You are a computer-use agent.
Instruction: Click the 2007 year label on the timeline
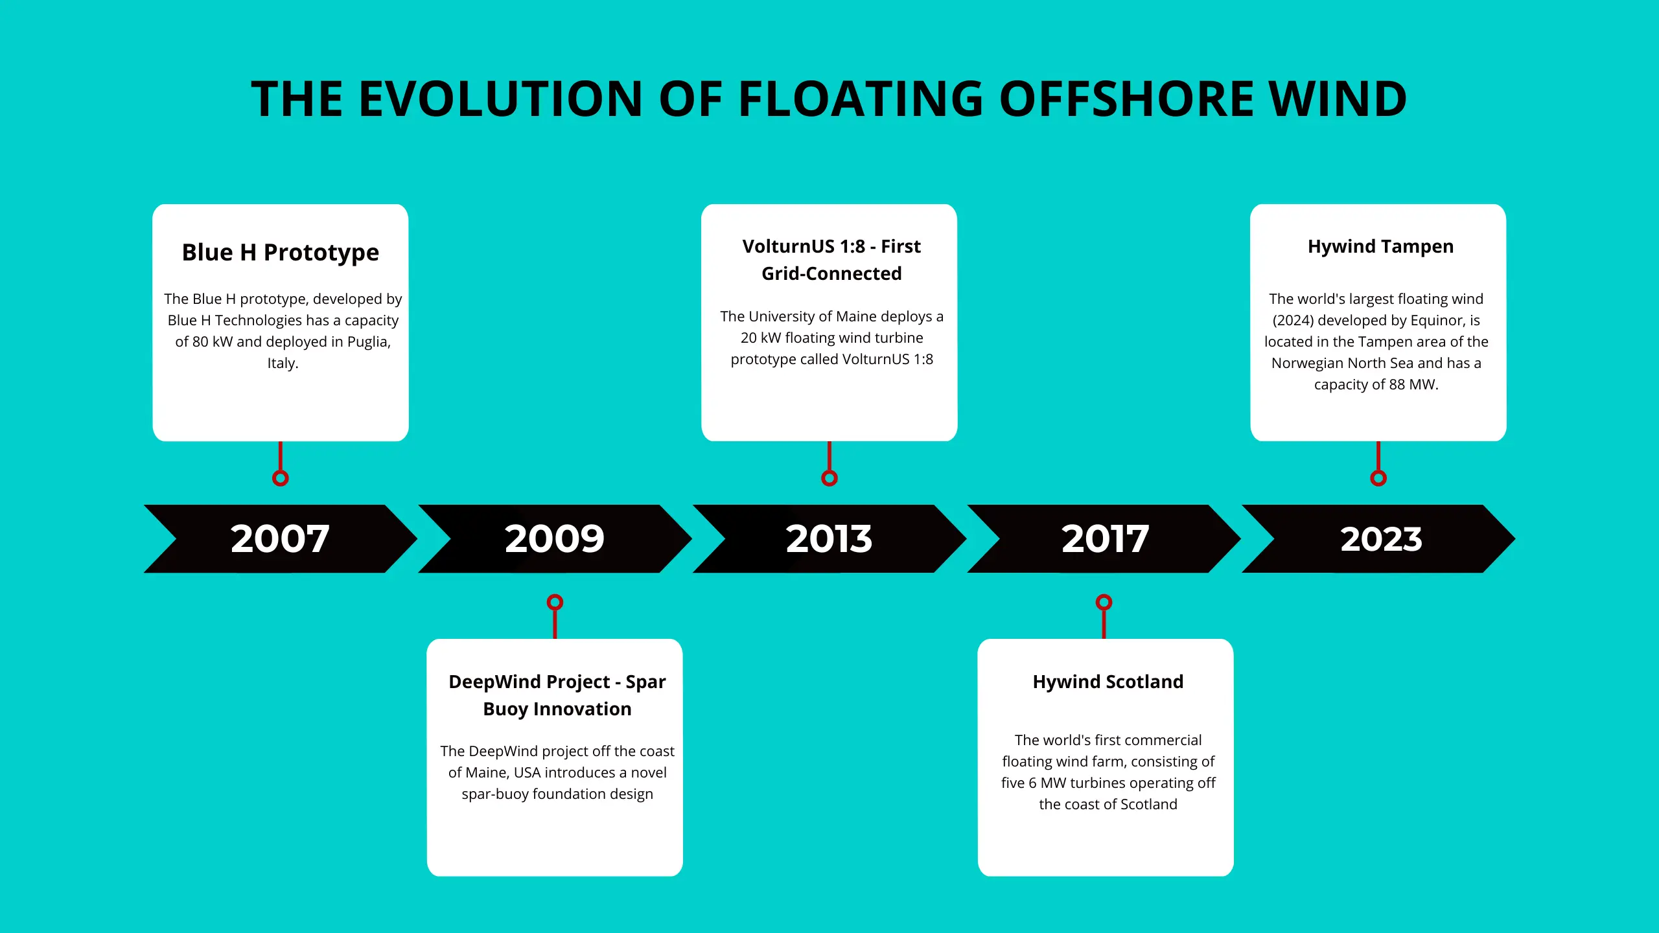pos(280,538)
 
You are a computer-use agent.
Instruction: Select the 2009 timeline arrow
pos(555,538)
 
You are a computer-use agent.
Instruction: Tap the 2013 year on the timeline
pos(829,538)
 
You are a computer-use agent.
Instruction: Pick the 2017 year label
pos(1105,538)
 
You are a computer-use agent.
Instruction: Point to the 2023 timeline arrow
pos(1378,538)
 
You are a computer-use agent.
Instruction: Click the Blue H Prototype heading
pos(280,252)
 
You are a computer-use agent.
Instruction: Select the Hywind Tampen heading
pos(1380,247)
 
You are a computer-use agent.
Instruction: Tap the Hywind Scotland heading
pos(1108,682)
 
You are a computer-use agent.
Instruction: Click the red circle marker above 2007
pos(280,478)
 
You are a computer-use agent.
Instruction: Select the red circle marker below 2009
pos(555,603)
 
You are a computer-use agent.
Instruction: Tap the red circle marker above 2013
pos(829,478)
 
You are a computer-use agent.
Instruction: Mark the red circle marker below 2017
pos(1104,603)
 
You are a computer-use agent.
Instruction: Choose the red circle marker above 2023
pos(1378,478)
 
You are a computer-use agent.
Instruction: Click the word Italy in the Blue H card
pos(283,363)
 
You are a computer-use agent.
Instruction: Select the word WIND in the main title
pos(1338,99)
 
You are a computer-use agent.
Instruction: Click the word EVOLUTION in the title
pos(501,99)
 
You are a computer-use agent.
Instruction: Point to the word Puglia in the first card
pos(369,342)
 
